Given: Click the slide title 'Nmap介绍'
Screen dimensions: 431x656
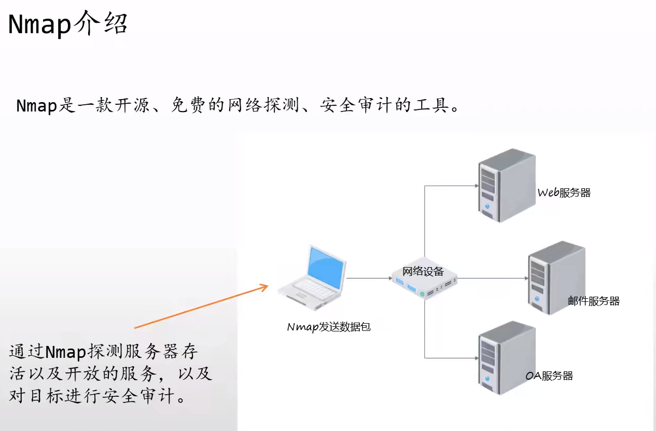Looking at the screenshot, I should tap(67, 24).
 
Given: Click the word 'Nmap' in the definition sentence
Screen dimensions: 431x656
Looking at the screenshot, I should tap(36, 106).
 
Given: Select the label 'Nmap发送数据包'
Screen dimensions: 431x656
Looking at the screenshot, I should tap(329, 327).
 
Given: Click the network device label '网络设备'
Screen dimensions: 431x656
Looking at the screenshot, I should tap(423, 271).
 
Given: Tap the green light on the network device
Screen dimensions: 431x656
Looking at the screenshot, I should tap(422, 294).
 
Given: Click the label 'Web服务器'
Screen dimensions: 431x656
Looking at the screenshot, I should tap(564, 193).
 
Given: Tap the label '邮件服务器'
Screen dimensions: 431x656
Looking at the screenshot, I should tap(594, 301).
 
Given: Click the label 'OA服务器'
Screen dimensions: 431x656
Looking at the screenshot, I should tap(549, 376).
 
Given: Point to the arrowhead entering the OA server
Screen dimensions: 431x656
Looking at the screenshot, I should tap(473, 358).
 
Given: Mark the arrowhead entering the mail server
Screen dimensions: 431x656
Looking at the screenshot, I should tap(524, 279).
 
